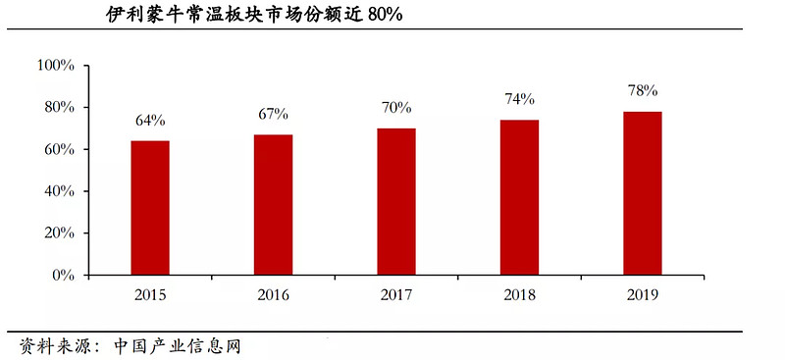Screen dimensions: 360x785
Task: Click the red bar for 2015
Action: click(150, 208)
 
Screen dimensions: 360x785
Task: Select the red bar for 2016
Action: click(273, 205)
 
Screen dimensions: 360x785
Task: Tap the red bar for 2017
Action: click(396, 202)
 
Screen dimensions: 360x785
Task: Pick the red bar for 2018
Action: click(519, 197)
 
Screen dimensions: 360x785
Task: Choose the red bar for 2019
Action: click(643, 193)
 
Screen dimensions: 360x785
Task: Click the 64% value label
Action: click(150, 121)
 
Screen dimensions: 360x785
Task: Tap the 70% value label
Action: click(396, 108)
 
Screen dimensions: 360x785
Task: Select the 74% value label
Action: click(519, 99)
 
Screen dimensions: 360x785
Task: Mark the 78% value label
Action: click(643, 91)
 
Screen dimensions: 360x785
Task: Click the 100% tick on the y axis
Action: click(56, 65)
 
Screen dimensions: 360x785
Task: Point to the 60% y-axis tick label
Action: click(59, 149)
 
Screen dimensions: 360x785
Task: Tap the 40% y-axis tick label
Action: click(59, 191)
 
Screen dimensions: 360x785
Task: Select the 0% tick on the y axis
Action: click(63, 276)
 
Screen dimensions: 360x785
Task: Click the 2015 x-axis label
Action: click(150, 293)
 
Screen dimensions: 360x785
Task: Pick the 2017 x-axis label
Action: click(396, 293)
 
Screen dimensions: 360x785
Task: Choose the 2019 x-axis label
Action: click(643, 293)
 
